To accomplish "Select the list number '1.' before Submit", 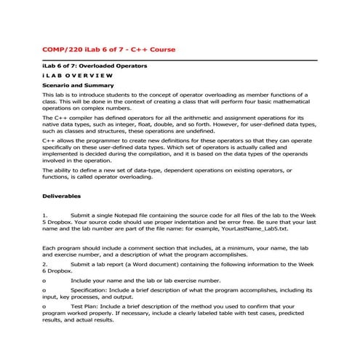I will click(45, 216).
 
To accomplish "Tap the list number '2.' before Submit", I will click(45, 265).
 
